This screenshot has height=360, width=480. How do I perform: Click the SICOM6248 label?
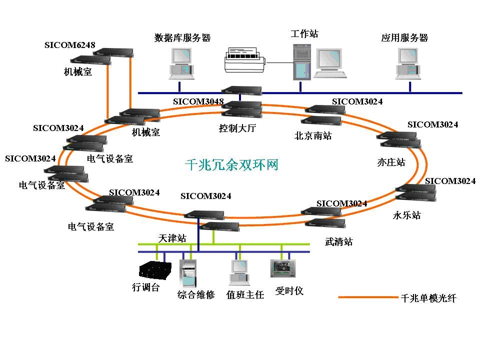click(69, 45)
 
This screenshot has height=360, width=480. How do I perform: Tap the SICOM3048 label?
click(198, 101)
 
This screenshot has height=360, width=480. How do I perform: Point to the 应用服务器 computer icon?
click(408, 63)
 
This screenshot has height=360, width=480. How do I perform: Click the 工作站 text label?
click(304, 34)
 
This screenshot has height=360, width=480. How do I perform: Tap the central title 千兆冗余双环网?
click(231, 164)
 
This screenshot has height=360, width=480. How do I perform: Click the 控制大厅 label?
click(237, 128)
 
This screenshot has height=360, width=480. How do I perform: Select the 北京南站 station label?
click(313, 135)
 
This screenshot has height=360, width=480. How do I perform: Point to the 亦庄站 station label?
click(390, 162)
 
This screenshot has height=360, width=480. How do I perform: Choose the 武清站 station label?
click(338, 242)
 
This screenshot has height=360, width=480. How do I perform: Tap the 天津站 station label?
click(172, 238)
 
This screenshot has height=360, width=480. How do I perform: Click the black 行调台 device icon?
click(154, 270)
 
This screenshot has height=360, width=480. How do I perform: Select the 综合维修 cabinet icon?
click(188, 273)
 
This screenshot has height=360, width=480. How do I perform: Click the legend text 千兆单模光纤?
click(428, 298)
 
